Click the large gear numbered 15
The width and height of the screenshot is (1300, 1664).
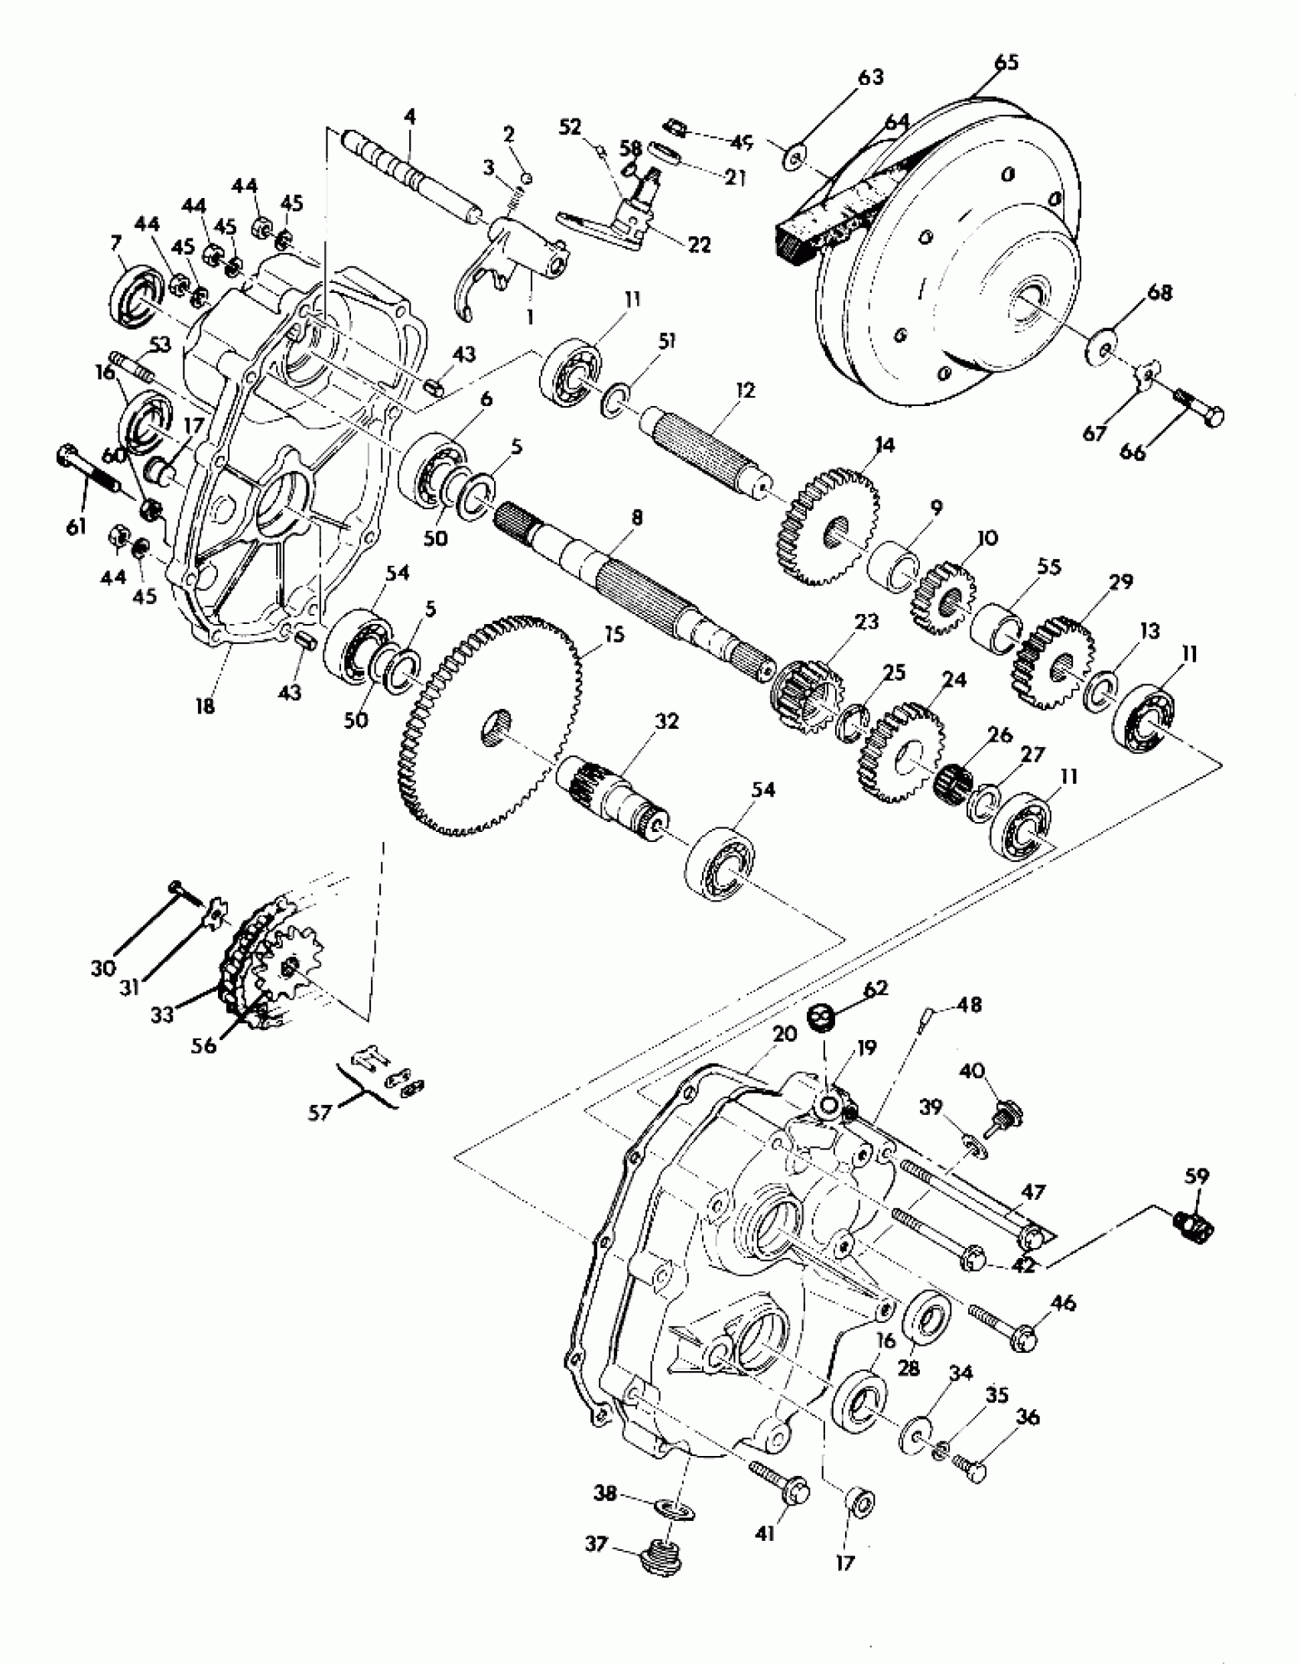(489, 723)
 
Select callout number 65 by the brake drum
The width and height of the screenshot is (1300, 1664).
(1007, 62)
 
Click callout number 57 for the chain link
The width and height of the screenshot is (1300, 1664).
(320, 1112)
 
